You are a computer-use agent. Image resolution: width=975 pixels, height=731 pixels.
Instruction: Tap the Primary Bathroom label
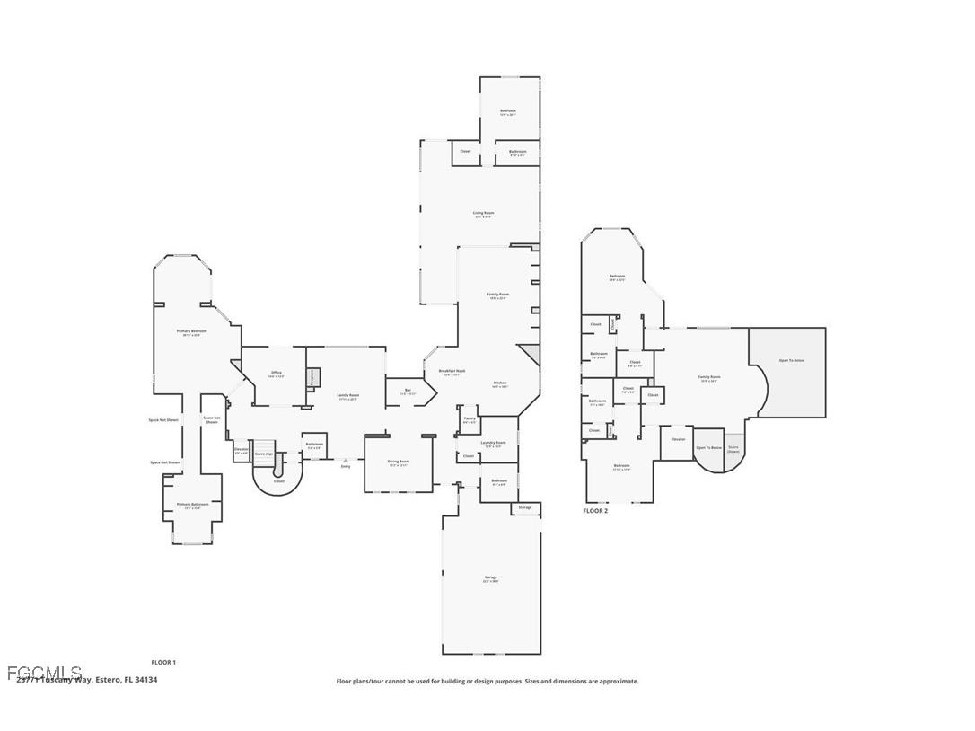click(192, 506)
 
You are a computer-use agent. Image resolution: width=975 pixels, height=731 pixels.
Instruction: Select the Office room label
click(276, 374)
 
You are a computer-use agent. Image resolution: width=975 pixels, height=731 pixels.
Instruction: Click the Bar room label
click(408, 392)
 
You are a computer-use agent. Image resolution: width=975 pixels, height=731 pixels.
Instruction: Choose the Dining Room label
click(398, 463)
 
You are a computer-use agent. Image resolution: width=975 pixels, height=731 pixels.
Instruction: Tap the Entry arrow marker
click(346, 461)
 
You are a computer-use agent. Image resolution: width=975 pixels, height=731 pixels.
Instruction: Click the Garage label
click(490, 579)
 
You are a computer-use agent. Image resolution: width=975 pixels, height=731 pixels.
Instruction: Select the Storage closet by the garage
click(525, 508)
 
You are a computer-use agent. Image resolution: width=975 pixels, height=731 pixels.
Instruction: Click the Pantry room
click(469, 419)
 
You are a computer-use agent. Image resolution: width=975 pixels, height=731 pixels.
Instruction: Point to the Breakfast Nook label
click(452, 372)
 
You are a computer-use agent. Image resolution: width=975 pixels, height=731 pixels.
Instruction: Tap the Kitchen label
click(500, 384)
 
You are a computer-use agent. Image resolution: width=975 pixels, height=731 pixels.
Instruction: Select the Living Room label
click(484, 215)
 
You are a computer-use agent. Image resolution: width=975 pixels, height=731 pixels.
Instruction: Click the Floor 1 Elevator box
click(241, 451)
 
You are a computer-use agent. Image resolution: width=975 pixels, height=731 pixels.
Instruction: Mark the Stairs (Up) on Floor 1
click(263, 455)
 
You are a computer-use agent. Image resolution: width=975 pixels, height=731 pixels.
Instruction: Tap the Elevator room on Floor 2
click(678, 440)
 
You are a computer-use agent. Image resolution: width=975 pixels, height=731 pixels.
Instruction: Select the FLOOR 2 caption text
click(595, 511)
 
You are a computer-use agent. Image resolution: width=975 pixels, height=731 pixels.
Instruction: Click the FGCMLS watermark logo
click(44, 673)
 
